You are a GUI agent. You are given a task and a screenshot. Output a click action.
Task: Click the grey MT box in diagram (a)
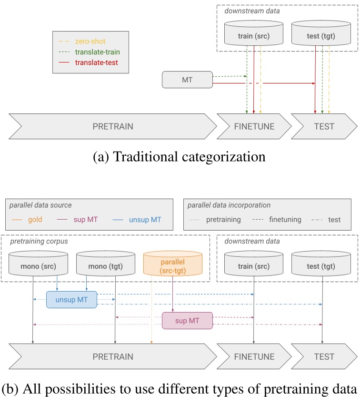click(187, 80)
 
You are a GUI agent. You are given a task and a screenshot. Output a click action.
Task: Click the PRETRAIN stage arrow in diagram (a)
click(113, 126)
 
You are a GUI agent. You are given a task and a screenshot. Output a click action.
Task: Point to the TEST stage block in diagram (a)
click(324, 126)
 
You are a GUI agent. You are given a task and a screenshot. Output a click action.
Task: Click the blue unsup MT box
click(71, 299)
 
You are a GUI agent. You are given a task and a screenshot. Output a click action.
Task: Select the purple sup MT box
click(187, 320)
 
